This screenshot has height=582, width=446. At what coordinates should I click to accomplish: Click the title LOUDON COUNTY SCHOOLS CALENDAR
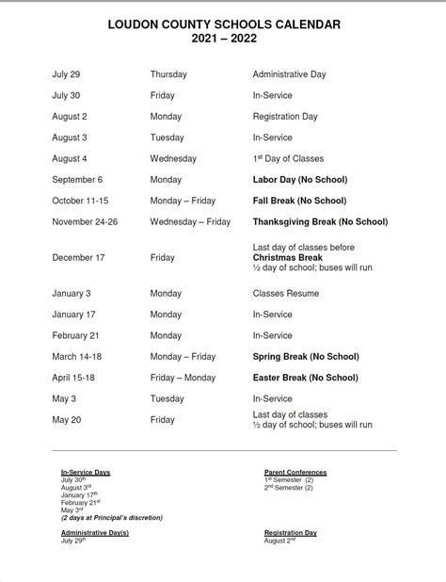point(223,22)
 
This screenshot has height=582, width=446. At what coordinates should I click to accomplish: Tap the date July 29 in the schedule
point(66,74)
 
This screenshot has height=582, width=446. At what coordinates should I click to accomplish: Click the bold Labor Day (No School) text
point(300,180)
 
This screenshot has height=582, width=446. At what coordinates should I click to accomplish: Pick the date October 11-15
point(83,201)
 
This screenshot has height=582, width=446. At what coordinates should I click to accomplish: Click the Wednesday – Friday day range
point(190,222)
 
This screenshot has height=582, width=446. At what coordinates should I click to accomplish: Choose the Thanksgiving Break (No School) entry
point(320,222)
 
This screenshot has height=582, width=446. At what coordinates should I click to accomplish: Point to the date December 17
point(79,257)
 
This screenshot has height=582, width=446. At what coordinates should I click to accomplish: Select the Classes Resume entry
point(286,294)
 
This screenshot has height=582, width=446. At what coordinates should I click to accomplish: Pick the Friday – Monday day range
point(183,378)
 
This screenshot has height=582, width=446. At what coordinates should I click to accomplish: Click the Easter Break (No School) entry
point(305,378)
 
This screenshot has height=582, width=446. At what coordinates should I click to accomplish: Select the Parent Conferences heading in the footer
point(295,472)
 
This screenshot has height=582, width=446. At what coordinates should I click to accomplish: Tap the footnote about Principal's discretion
point(112,518)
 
